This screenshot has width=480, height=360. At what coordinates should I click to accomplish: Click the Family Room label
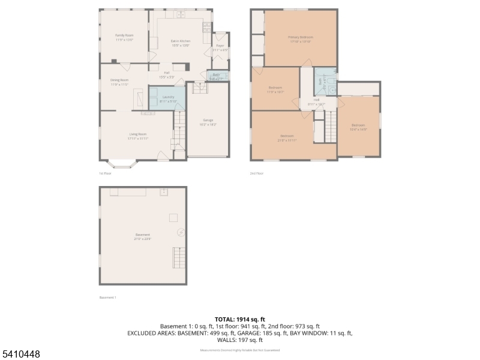tap(125, 35)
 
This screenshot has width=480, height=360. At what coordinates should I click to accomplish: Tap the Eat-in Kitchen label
tap(181, 41)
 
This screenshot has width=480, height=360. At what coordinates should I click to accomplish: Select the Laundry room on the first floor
tap(168, 97)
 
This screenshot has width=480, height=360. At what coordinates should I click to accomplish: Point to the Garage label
tap(208, 120)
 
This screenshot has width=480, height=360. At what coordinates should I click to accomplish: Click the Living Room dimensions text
tap(138, 139)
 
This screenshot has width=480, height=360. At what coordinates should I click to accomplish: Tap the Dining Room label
tap(119, 80)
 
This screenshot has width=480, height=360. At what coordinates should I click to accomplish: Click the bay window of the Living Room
tap(122, 163)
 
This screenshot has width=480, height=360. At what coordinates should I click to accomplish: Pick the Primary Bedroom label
tap(301, 37)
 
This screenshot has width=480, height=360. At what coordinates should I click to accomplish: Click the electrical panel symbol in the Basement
tap(180, 232)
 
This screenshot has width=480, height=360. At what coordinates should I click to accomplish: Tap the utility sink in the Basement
tap(163, 193)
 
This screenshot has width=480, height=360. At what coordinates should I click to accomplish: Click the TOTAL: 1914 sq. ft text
tap(240, 319)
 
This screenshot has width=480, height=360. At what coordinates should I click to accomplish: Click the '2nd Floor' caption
tap(257, 173)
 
